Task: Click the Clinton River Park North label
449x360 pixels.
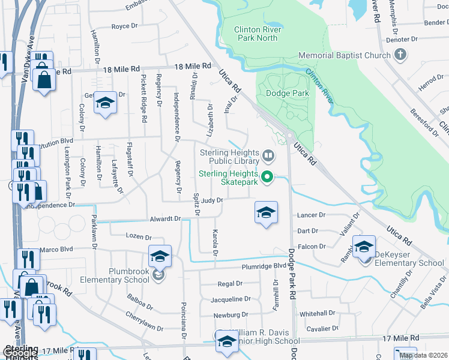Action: (x=256, y=33)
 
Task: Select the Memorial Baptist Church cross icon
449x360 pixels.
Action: (x=400, y=56)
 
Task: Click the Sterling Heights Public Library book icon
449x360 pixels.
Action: (x=268, y=157)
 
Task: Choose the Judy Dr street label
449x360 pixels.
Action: (x=212, y=200)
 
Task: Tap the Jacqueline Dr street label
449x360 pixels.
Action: (x=230, y=299)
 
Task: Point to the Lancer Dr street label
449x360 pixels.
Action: (x=311, y=215)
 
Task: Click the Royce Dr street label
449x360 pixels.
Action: (x=125, y=26)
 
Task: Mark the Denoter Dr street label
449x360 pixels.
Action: (x=402, y=40)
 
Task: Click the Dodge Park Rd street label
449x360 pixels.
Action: (x=292, y=274)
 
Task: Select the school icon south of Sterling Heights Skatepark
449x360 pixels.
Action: (x=266, y=212)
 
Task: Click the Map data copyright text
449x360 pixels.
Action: (x=422, y=355)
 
